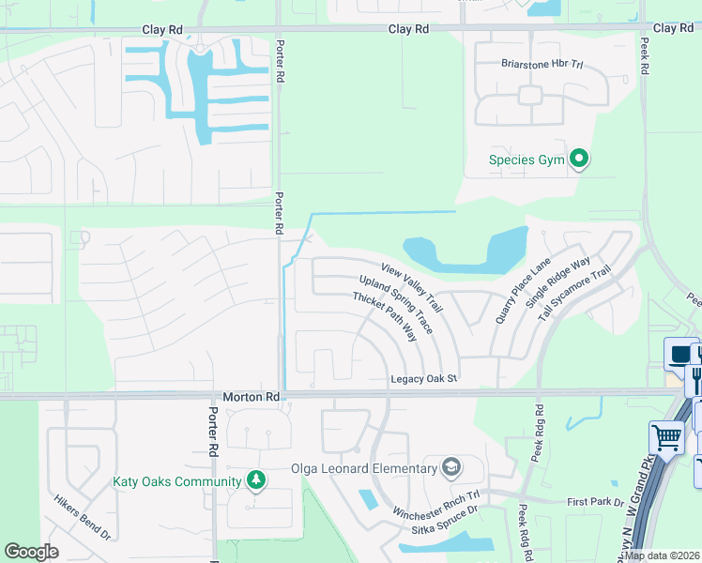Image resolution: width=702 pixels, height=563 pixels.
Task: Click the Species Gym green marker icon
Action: point(579,160)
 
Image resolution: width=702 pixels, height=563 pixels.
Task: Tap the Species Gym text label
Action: point(526,160)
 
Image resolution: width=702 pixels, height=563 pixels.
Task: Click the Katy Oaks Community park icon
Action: point(255,481)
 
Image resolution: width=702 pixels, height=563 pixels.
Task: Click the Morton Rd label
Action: point(252,397)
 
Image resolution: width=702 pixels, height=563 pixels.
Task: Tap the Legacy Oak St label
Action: point(423,378)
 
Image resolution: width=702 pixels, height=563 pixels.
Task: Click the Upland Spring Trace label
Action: point(396,305)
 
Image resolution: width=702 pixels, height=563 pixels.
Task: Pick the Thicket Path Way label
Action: point(384,316)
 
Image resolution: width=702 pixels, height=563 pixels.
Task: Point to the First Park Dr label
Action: point(596,502)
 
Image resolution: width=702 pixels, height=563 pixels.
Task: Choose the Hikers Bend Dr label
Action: point(83,517)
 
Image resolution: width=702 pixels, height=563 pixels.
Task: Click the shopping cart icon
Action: point(666,437)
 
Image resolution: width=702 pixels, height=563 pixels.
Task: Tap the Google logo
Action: point(31,552)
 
